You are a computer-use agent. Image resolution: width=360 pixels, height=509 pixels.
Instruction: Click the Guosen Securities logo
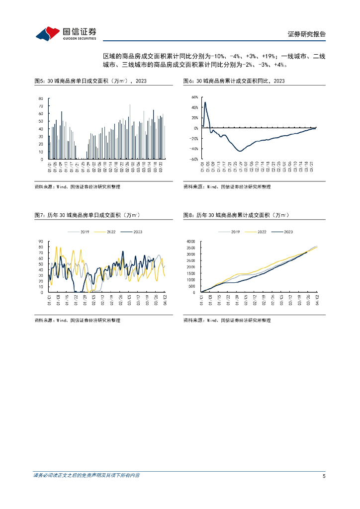click(66, 33)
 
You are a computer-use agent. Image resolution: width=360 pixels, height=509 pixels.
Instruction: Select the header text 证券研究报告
click(306, 34)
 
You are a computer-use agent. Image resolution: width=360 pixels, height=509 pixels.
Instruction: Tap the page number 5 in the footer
click(324, 476)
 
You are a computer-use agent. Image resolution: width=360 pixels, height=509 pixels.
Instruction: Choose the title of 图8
click(236, 215)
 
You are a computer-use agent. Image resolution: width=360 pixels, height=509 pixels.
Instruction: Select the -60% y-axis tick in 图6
click(193, 159)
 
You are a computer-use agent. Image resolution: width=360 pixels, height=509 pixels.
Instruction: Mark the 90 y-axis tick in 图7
click(41, 242)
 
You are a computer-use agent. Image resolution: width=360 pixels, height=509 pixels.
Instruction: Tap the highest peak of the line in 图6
click(205, 102)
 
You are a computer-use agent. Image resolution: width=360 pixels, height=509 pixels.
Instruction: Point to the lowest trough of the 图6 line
click(240, 151)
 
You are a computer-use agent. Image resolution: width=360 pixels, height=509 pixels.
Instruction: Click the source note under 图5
click(77, 187)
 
